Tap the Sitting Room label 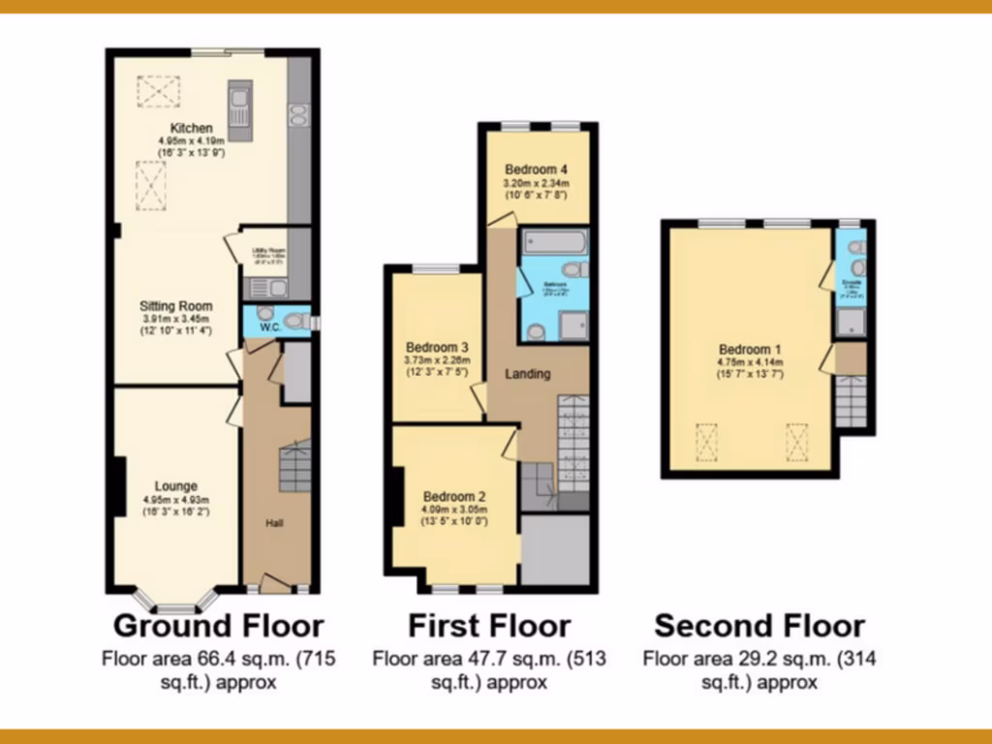point(175,306)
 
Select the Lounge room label point(175,486)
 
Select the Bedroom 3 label point(438,347)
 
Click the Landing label point(528,374)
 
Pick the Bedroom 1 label point(750,350)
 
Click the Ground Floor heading point(218,625)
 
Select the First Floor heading point(489,625)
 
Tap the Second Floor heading point(759,625)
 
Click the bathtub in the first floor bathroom point(555,242)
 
